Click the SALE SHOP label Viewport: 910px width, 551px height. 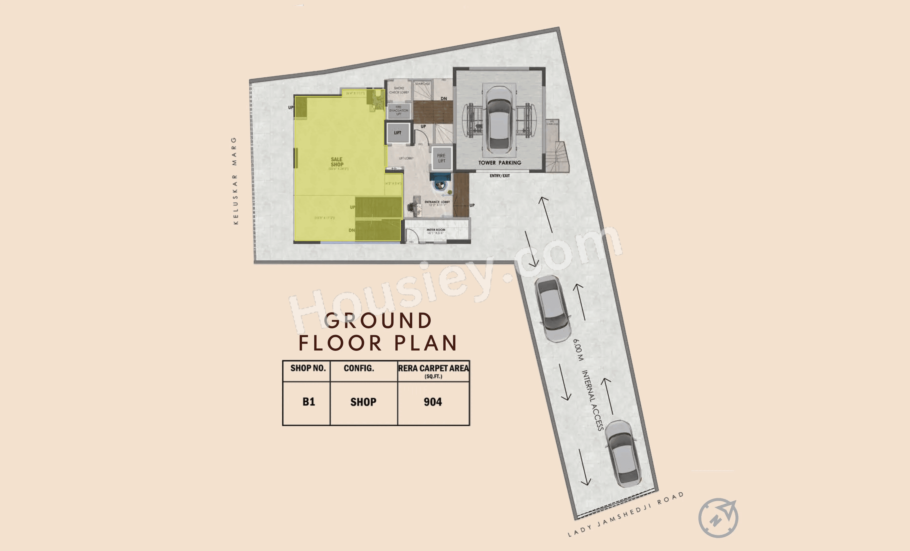click(337, 162)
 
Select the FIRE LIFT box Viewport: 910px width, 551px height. click(441, 158)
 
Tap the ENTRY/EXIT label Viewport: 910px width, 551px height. click(500, 176)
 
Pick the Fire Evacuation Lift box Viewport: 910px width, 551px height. click(399, 111)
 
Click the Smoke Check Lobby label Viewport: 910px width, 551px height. click(399, 90)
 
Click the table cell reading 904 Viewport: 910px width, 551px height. click(433, 402)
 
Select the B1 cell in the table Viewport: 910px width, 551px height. click(308, 402)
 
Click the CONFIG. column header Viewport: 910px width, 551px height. click(359, 368)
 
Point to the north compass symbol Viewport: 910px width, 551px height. click(718, 518)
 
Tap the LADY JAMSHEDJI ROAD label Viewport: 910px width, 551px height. click(625, 514)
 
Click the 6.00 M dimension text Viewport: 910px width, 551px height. click(578, 350)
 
